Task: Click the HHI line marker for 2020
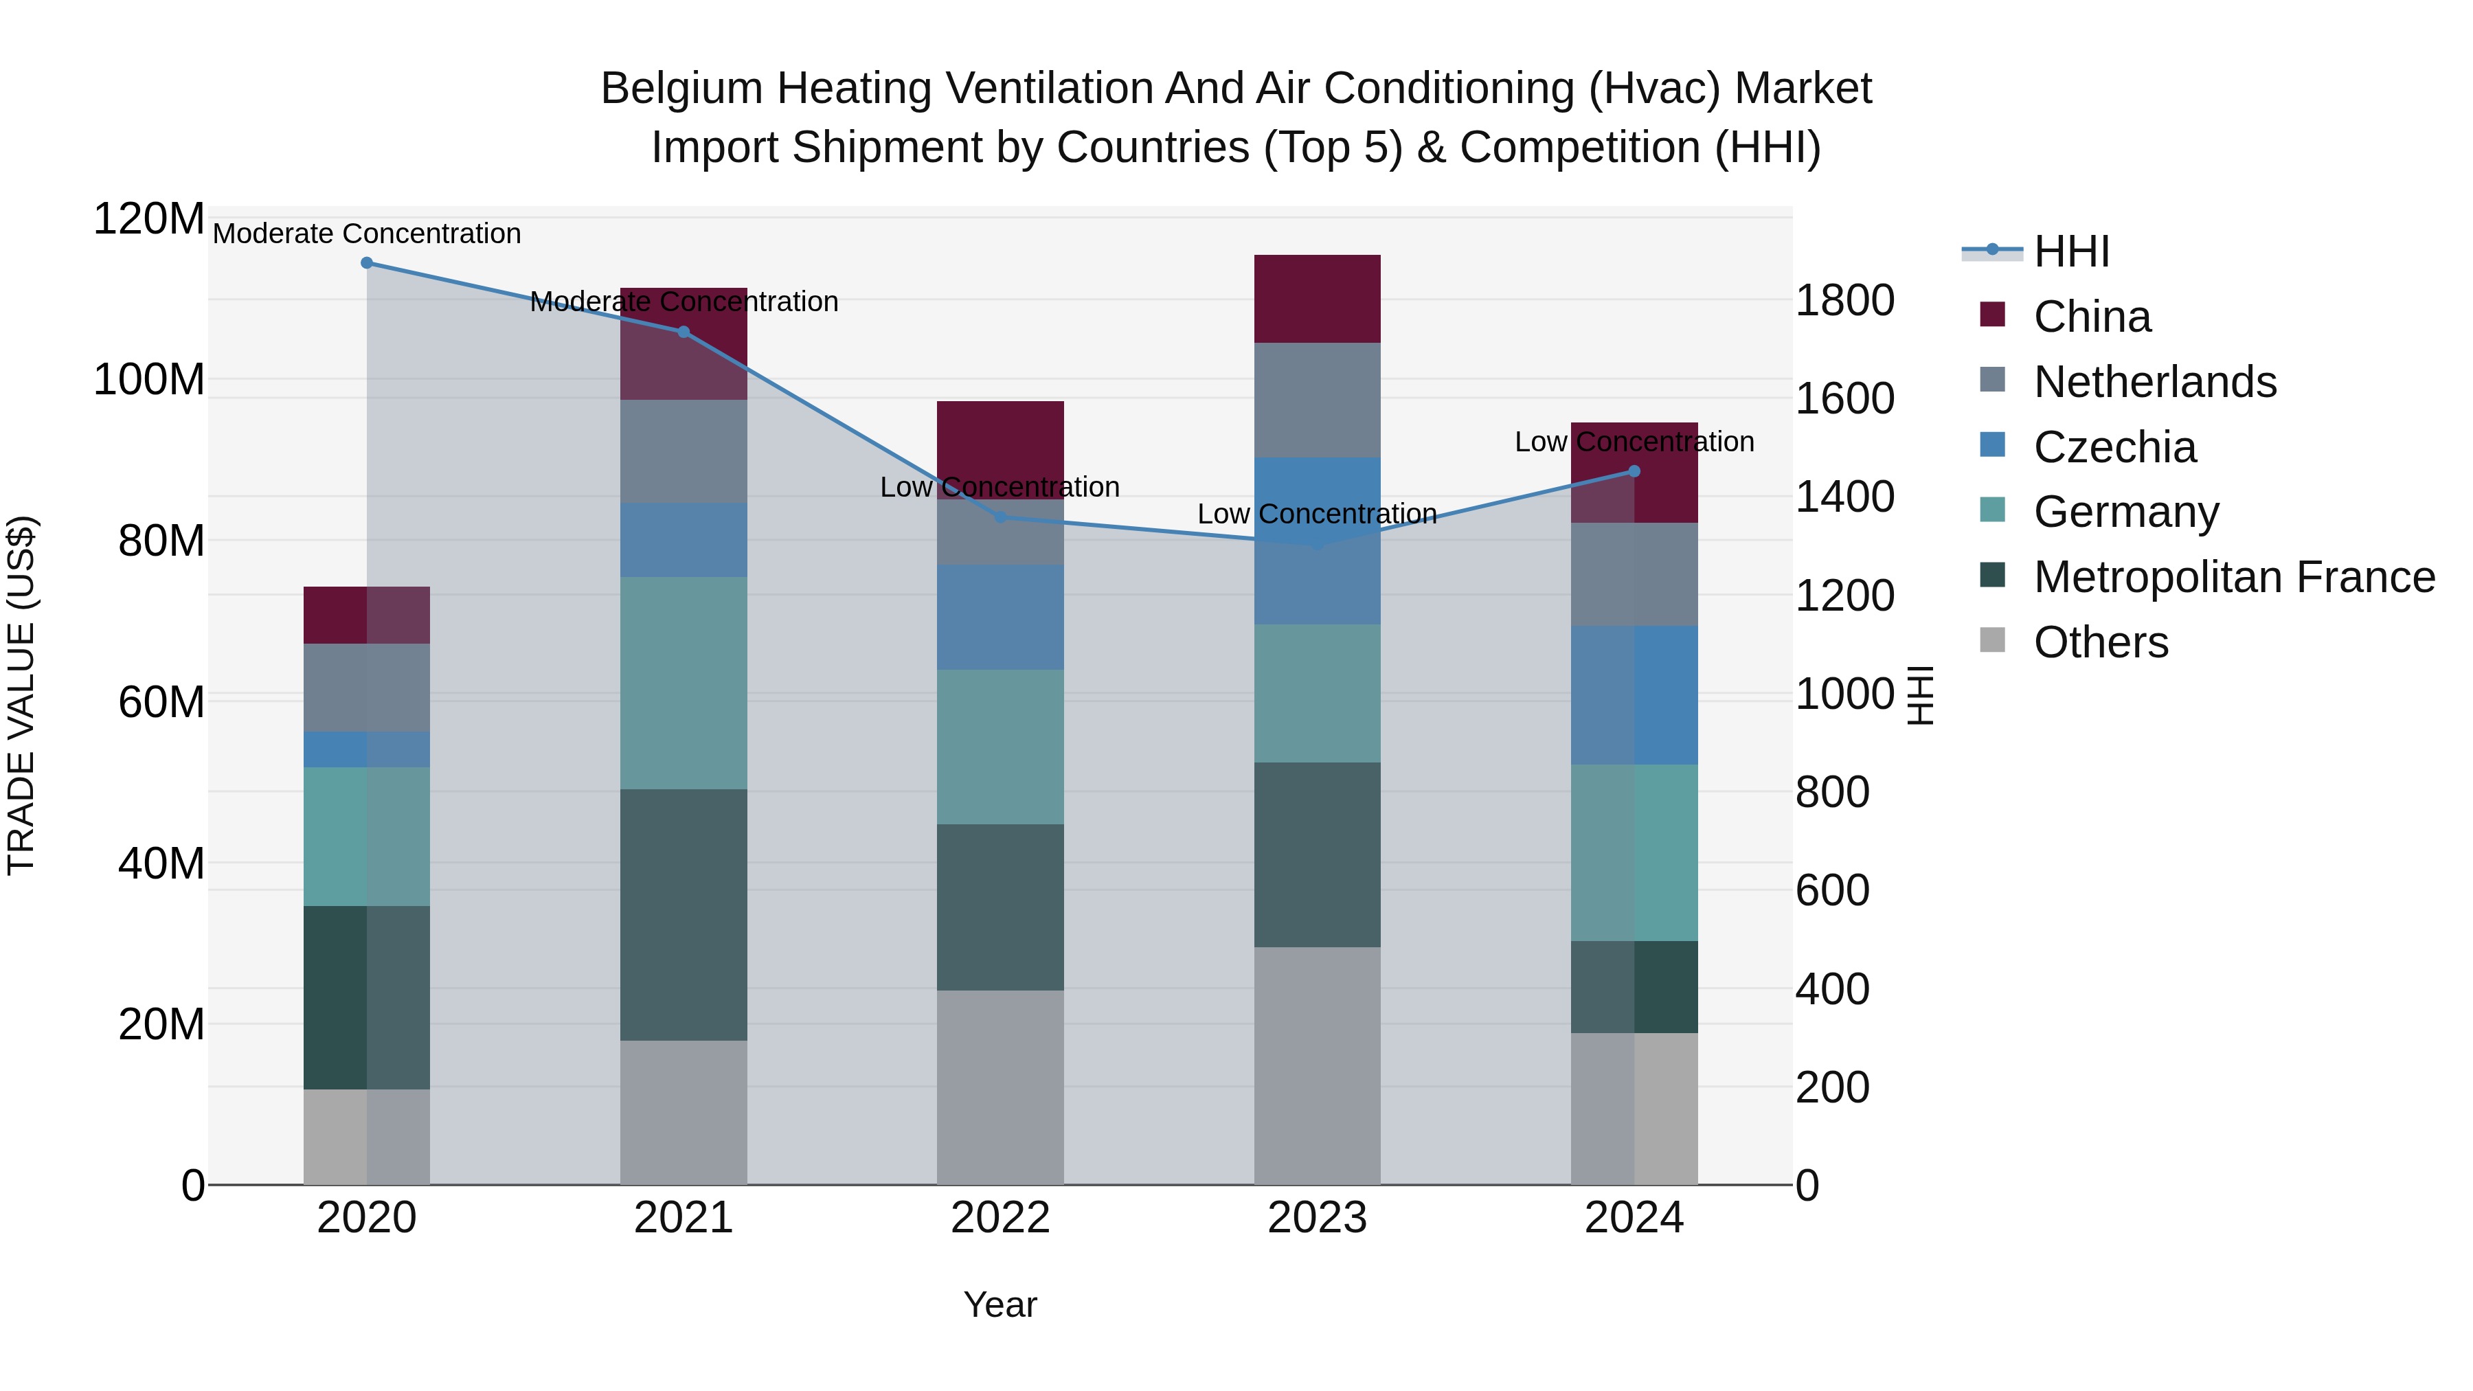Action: (x=367, y=263)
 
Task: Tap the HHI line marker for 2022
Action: (x=1000, y=517)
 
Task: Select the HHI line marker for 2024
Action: (x=1634, y=471)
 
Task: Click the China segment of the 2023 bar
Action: (x=1317, y=299)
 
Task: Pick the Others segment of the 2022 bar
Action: (x=1000, y=1087)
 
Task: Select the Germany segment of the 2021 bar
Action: (x=684, y=683)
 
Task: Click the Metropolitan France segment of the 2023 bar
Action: (x=1317, y=855)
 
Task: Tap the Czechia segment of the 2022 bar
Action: (x=1000, y=618)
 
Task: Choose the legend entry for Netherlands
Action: (x=2154, y=382)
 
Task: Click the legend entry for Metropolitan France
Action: (x=2234, y=577)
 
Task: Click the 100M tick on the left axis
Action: (x=149, y=380)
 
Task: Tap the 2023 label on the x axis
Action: (x=1317, y=1218)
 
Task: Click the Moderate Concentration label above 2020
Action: (x=367, y=234)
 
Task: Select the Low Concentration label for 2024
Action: (x=1634, y=442)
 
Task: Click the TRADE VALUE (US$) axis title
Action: (x=21, y=695)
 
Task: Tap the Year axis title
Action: (x=1000, y=1304)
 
